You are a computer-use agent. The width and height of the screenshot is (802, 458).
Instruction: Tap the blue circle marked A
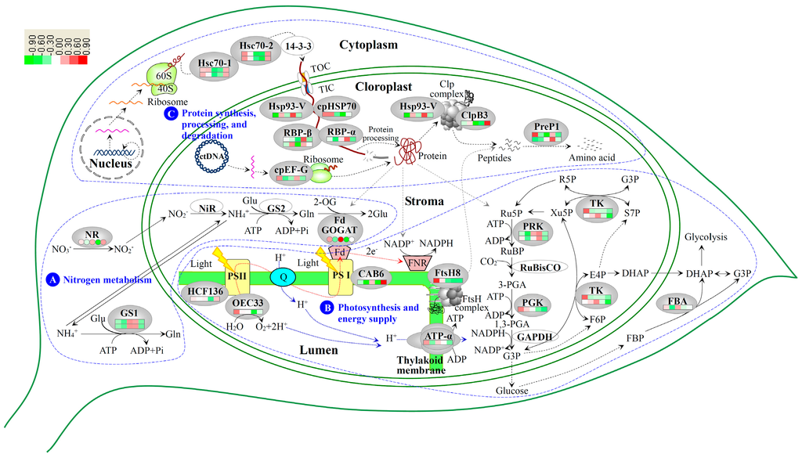pyautogui.click(x=53, y=279)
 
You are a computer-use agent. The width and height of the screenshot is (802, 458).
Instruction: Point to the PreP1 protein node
pyautogui.click(x=546, y=134)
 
